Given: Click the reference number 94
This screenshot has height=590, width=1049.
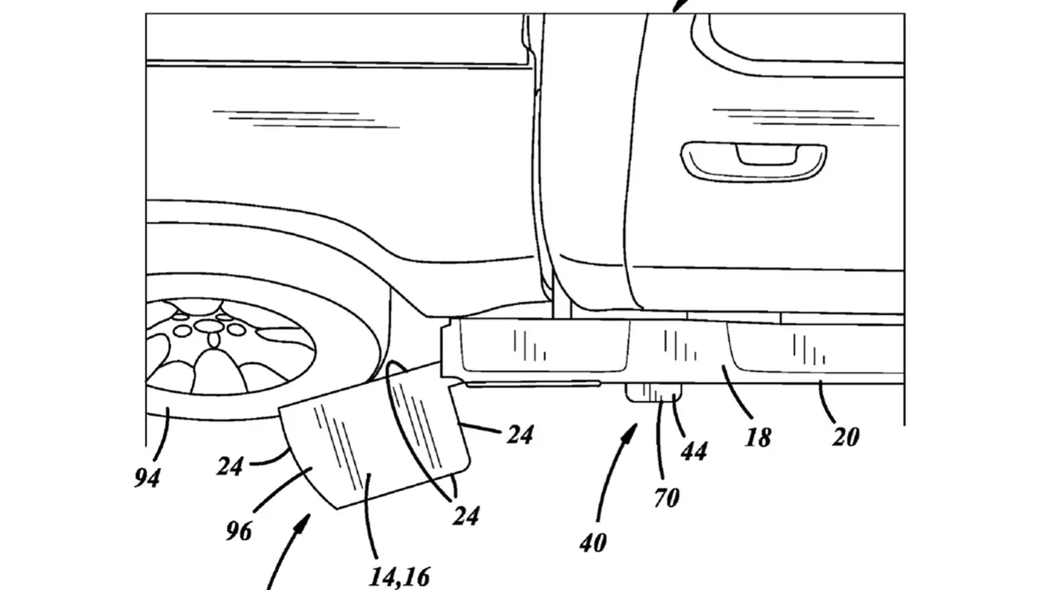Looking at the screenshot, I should pyautogui.click(x=147, y=478).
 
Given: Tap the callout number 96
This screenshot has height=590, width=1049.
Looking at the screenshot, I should pyautogui.click(x=239, y=529).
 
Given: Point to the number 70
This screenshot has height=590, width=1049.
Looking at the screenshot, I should pyautogui.click(x=667, y=498).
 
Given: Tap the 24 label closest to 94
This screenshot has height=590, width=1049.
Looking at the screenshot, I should pyautogui.click(x=229, y=466).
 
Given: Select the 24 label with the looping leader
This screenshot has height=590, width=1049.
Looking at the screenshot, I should pyautogui.click(x=465, y=515).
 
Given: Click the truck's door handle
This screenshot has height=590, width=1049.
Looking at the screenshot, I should pyautogui.click(x=753, y=159).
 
